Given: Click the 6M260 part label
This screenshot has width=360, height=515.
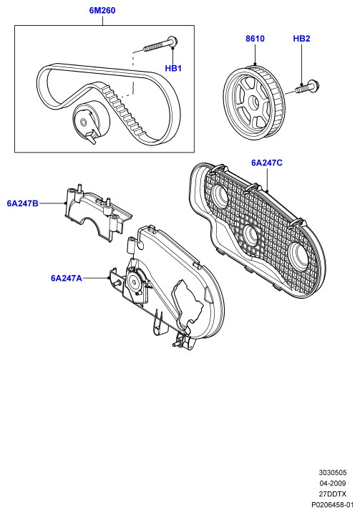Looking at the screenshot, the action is tap(102, 11).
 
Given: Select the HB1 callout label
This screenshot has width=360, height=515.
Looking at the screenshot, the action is tap(173, 68).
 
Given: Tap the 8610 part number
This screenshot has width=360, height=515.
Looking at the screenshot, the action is tap(255, 39).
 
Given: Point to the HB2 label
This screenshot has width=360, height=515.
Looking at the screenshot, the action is tap(301, 39).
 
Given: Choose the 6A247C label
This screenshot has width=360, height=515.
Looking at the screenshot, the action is tap(266, 163).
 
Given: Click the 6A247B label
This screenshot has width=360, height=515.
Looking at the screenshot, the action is tap(22, 203).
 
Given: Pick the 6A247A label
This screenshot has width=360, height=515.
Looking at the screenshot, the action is tap(67, 278).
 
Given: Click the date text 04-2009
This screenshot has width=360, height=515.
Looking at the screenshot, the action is tap(332, 483).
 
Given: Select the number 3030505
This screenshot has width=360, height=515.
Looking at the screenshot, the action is tap(332, 473).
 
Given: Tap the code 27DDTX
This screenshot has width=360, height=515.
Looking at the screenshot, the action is tap(332, 494).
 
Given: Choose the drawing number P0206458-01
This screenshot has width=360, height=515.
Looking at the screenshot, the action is tap(332, 504).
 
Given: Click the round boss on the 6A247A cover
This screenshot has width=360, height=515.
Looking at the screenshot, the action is tap(134, 280).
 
